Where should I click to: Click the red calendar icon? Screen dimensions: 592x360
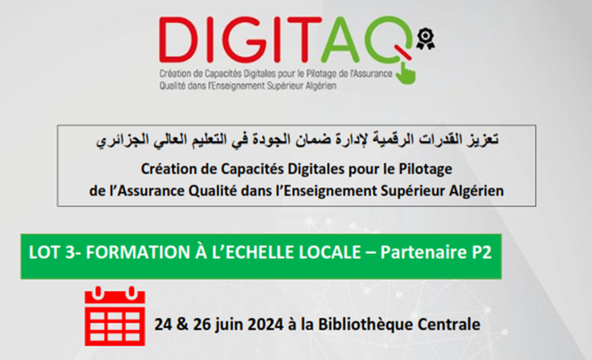point(115,316)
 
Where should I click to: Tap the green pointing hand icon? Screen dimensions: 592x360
point(406,73)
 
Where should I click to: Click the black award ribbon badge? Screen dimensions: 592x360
point(425,39)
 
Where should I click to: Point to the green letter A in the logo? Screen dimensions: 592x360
point(340,39)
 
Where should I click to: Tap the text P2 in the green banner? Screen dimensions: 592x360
point(481,253)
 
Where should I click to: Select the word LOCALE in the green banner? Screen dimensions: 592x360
point(330,253)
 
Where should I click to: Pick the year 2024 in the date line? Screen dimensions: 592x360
point(265,324)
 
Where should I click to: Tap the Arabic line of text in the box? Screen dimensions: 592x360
point(297,140)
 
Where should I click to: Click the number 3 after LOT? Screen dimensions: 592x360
point(69,253)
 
